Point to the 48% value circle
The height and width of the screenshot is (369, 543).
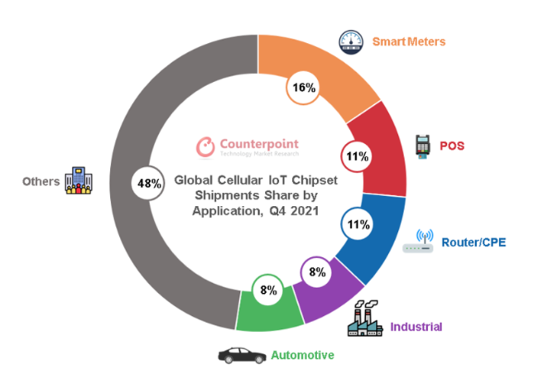tap(148, 183)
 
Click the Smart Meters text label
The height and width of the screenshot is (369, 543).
tap(409, 41)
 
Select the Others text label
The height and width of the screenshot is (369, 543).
tap(41, 181)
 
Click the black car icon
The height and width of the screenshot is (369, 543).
tap(241, 354)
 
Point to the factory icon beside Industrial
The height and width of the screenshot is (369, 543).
tap(367, 318)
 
